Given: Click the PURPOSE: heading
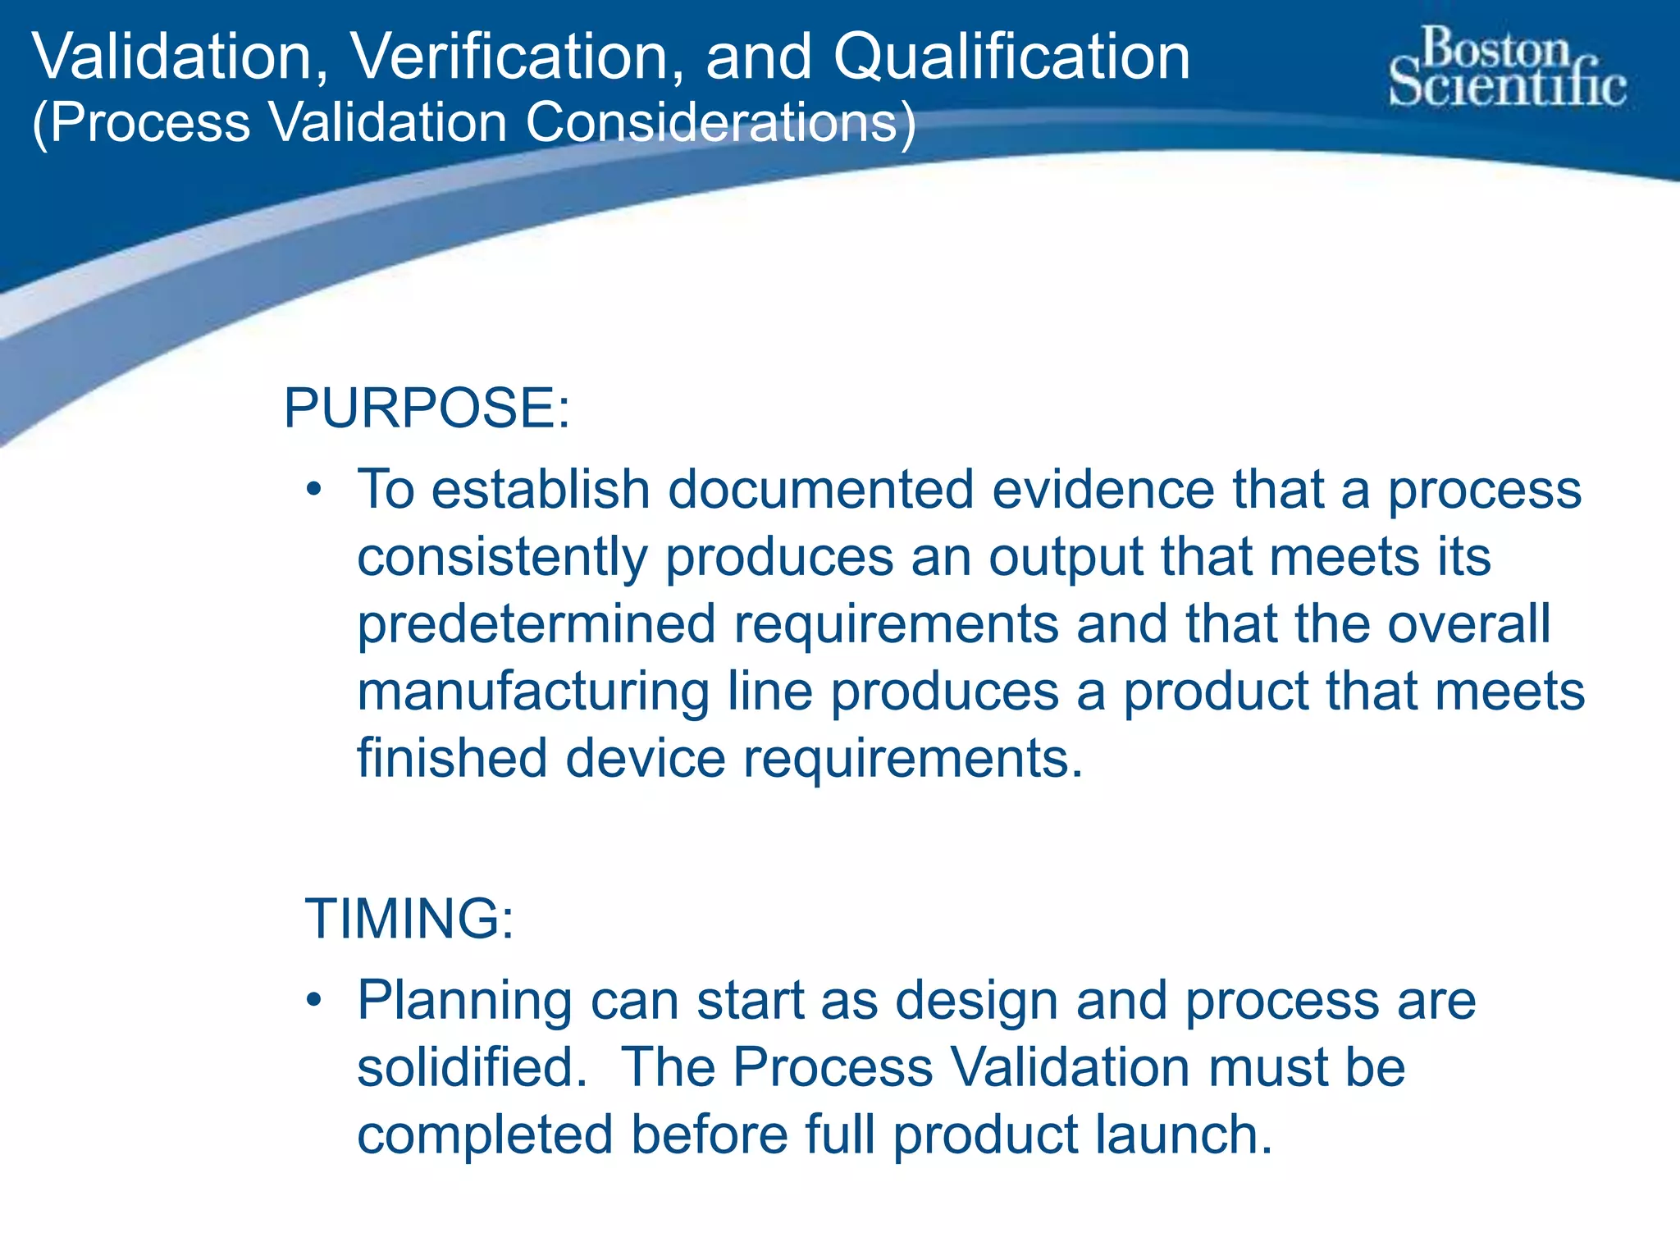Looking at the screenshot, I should (x=427, y=408).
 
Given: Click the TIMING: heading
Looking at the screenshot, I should (x=409, y=918).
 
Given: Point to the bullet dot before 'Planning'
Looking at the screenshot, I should (x=313, y=1001).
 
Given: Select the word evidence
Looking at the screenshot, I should (x=1103, y=490).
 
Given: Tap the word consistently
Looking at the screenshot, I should (x=502, y=558).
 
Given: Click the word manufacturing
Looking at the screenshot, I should (x=533, y=692).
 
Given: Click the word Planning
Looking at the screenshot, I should (x=464, y=1002).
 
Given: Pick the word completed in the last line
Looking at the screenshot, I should (x=485, y=1134).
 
